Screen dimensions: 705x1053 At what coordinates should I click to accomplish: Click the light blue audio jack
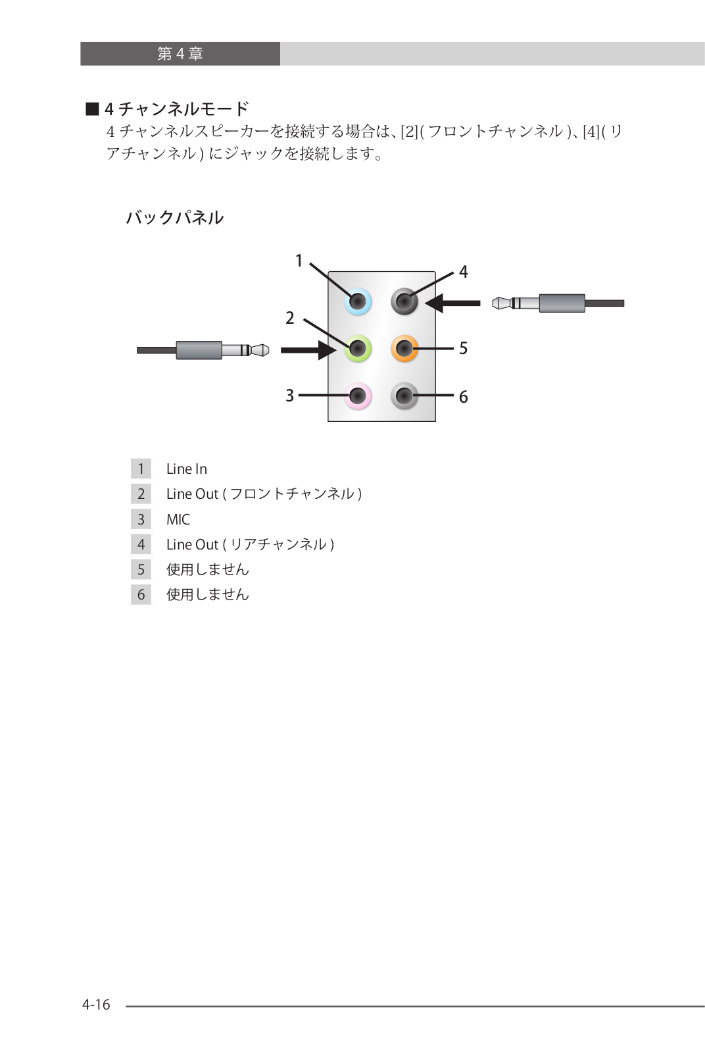358,301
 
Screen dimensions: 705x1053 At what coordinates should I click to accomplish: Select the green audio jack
358,349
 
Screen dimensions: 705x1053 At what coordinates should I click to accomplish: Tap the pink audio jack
358,396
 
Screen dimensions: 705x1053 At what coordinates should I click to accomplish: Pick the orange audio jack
404,349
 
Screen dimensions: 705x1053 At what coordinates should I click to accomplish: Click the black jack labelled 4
404,301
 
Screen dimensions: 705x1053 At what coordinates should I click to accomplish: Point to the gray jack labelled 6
404,396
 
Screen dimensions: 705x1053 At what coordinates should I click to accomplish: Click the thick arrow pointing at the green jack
308,350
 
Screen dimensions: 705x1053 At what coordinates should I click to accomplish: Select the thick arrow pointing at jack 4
452,303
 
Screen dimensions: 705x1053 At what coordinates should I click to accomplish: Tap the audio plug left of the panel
203,350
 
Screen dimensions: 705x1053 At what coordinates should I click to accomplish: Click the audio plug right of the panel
558,303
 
